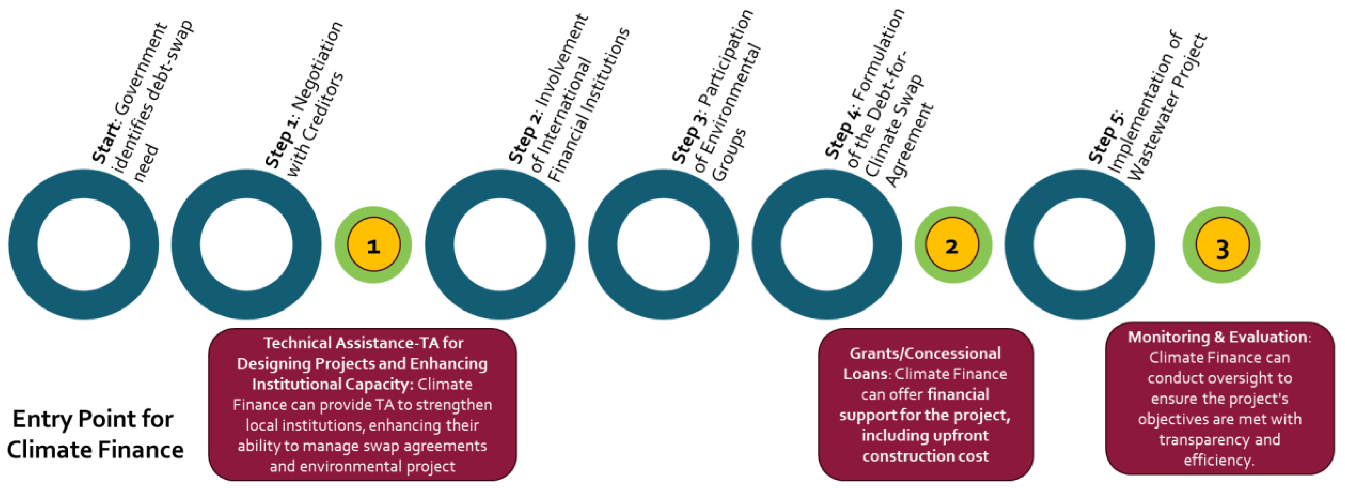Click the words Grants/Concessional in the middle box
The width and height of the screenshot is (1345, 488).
click(x=925, y=354)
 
